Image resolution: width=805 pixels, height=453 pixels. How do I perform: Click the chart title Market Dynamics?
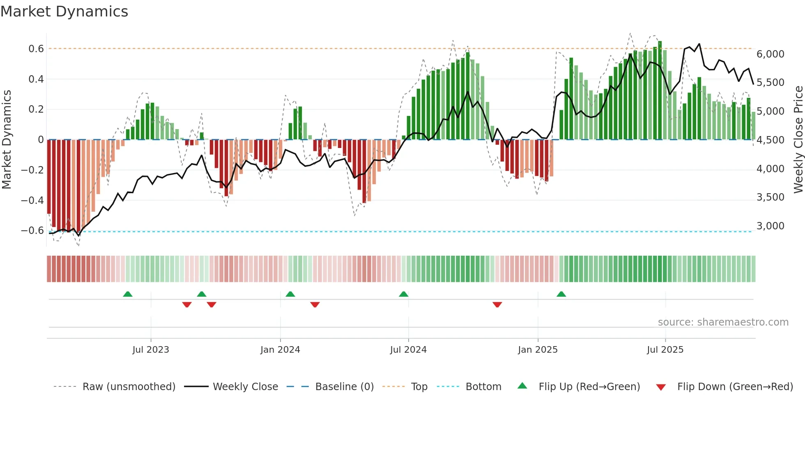point(64,12)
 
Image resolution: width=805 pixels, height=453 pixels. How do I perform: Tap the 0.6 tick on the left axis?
point(36,49)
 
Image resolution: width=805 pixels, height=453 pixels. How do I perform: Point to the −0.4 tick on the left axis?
point(32,200)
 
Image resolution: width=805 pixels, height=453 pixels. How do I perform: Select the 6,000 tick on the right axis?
point(770,54)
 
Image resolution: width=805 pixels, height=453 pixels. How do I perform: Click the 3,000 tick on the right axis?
point(770,226)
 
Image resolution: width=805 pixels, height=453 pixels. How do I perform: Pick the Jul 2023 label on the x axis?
point(151,350)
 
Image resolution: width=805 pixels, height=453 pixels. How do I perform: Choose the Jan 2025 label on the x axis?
point(538,350)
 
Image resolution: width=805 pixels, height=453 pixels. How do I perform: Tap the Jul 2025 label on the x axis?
point(665,350)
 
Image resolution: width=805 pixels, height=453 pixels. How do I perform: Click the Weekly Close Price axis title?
point(798,139)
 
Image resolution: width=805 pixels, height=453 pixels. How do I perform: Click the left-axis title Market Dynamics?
point(7,139)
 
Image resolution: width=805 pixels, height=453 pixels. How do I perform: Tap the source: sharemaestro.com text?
point(723,322)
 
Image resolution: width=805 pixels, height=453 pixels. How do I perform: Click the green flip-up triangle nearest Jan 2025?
point(561,294)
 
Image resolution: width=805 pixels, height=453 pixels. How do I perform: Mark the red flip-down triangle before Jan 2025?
point(497,305)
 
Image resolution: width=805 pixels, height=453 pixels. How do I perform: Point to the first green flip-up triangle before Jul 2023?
point(128,294)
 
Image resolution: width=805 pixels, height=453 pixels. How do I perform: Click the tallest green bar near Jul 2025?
point(660,90)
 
